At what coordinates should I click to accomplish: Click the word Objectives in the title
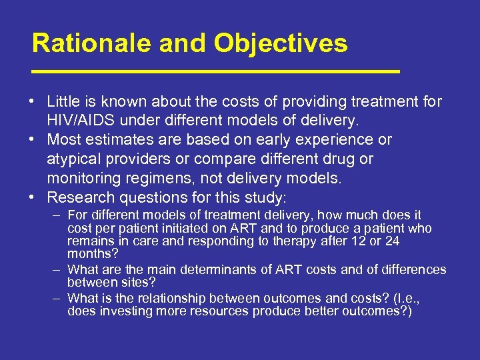[281, 43]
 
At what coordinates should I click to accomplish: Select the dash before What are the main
[57, 269]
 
